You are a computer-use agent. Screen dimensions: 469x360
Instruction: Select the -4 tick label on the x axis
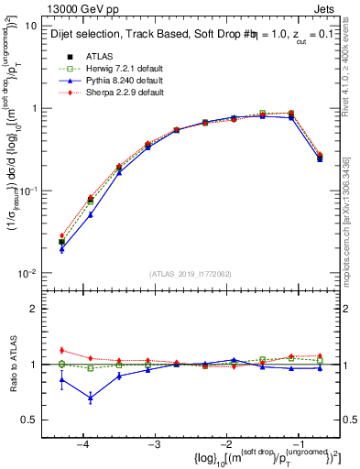point(82,443)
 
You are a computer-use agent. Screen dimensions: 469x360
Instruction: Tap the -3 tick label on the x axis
point(154,443)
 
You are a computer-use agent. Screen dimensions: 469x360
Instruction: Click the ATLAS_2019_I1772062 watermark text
point(190,274)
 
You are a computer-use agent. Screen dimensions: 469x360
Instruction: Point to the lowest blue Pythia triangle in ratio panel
point(91,398)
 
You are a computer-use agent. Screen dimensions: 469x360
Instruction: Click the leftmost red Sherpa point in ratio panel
point(61,350)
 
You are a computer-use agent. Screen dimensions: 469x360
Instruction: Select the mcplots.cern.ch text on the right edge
point(353,229)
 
